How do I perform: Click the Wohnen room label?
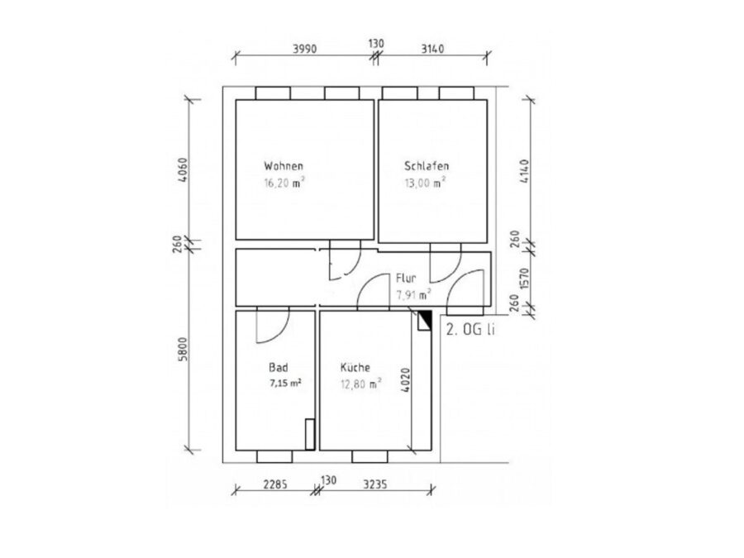tap(284, 166)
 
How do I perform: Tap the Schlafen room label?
tap(426, 166)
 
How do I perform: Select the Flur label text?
tap(406, 279)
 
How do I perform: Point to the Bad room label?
tap(278, 367)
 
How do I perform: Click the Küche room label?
tap(355, 367)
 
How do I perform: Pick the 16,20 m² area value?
tap(284, 184)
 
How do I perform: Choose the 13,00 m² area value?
tap(425, 183)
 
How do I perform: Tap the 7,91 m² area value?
tap(413, 294)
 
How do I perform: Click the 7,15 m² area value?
tap(286, 384)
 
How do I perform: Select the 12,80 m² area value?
tap(360, 384)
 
